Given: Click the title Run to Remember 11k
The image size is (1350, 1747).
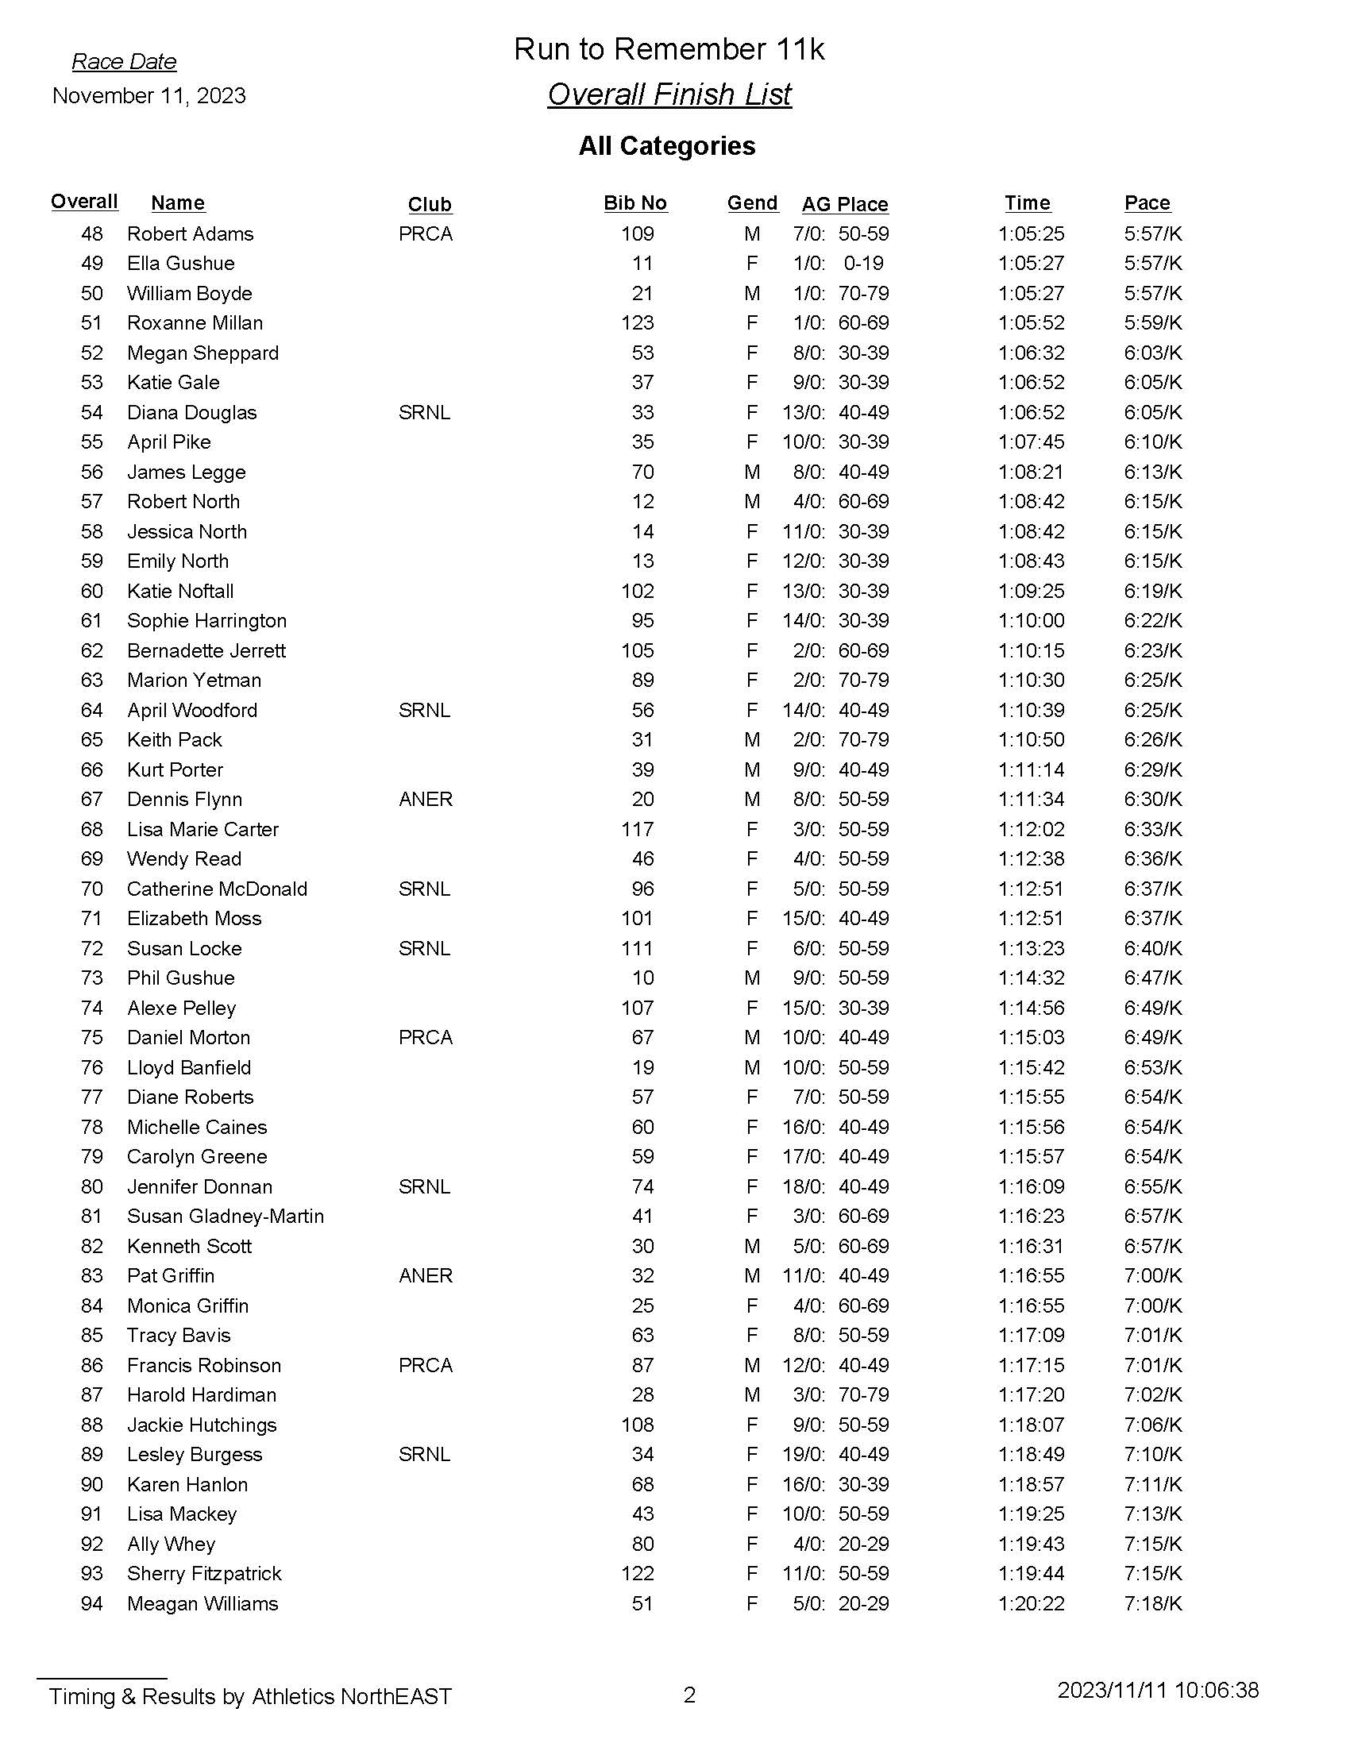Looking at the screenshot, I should pos(669,49).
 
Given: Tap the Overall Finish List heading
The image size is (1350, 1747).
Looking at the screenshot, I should pos(669,94).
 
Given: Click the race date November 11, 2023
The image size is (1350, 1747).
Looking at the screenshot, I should pos(148,96).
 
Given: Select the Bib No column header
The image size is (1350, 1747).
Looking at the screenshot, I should pos(635,203).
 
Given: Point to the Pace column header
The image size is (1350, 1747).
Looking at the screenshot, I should pos(1147,203).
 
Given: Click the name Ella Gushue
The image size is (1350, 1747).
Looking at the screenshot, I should pos(181,264).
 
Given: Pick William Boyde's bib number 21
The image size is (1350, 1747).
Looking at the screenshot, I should pos(642,294).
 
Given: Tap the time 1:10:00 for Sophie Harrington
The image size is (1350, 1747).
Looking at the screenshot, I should pos(1031,621).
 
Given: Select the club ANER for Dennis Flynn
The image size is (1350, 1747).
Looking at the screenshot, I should pos(426,799).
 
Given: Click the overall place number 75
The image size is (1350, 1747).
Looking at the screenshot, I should pos(92,1038).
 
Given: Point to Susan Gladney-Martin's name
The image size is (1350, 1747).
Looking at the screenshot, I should pos(226,1217).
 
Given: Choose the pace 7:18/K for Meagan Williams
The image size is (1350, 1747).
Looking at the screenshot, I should pos(1152,1604).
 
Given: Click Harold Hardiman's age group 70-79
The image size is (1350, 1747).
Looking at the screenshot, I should pos(863,1395).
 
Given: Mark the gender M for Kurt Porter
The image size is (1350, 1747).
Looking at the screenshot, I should pos(752,769).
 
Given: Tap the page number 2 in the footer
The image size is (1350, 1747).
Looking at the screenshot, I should pos(689,1695).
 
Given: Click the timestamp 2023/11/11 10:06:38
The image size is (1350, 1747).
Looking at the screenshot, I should pos(1158,1690).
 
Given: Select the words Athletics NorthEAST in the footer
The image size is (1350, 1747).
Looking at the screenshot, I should pos(352,1697).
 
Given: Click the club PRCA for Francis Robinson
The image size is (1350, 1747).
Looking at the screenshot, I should pos(426,1366).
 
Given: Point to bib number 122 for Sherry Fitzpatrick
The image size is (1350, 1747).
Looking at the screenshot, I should pos(638,1573).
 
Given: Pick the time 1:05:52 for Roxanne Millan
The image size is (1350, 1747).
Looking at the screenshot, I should pos(1031,323).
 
